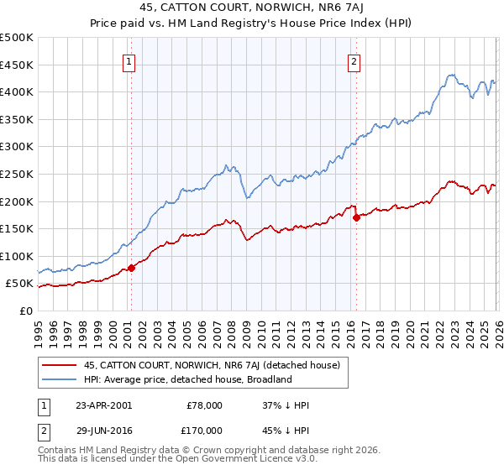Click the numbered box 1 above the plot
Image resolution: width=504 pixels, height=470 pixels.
click(130, 60)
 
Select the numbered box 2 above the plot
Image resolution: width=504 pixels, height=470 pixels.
click(354, 60)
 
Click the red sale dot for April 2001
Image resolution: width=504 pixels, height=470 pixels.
click(131, 269)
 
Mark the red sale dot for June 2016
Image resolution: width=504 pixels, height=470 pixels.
click(356, 217)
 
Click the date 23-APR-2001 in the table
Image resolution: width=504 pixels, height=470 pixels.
click(103, 405)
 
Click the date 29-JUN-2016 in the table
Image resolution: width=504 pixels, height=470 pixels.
click(103, 430)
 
